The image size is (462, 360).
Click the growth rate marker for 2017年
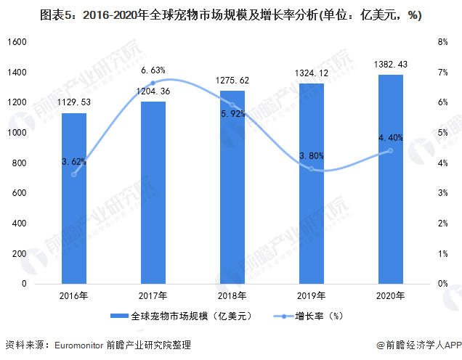[153, 83]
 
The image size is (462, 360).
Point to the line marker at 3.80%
[311, 168]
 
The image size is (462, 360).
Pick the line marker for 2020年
[390, 150]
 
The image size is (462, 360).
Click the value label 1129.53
[73, 104]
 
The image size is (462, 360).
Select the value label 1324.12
[311, 74]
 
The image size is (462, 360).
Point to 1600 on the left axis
[17, 42]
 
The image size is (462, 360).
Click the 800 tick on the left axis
[20, 163]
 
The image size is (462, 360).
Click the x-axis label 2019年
[311, 295]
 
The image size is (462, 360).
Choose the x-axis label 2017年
[153, 295]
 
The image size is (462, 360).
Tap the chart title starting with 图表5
[231, 15]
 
